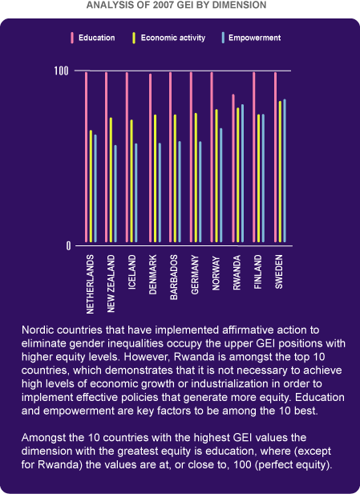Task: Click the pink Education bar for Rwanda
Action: click(233, 168)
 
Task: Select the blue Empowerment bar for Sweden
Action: click(285, 171)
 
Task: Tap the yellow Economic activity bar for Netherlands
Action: click(91, 186)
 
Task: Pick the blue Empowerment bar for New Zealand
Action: click(115, 194)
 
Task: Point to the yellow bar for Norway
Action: click(216, 176)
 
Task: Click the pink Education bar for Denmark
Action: click(151, 158)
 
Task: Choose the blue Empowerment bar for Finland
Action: click(263, 178)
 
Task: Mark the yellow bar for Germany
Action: click(196, 178)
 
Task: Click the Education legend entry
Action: click(93, 38)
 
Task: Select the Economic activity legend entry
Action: click(169, 38)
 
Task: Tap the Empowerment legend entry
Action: click(251, 38)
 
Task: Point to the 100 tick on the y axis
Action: click(61, 71)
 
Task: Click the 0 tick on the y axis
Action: click(68, 246)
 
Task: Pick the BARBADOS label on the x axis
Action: click(174, 277)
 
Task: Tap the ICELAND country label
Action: click(132, 272)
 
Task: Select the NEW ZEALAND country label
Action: click(111, 284)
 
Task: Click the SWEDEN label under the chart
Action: click(279, 272)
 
